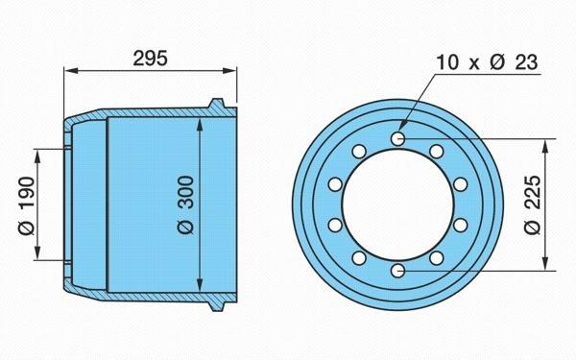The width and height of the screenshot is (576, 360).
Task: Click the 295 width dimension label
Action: [x=150, y=58]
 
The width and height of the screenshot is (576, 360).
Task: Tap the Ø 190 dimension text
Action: [x=27, y=205]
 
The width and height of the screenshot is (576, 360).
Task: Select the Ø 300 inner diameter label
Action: [x=185, y=205]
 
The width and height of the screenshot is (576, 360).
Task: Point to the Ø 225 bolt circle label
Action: [x=533, y=205]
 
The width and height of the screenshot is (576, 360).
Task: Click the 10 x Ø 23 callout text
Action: [x=487, y=62]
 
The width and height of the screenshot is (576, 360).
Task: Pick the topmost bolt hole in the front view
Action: [x=397, y=138]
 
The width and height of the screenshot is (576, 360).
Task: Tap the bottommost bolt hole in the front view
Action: [x=397, y=271]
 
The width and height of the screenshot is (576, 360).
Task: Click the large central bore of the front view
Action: [x=397, y=205]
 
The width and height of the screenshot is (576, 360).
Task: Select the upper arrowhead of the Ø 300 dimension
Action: [x=200, y=125]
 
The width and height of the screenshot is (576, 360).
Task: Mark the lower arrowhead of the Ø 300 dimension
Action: [x=200, y=285]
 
